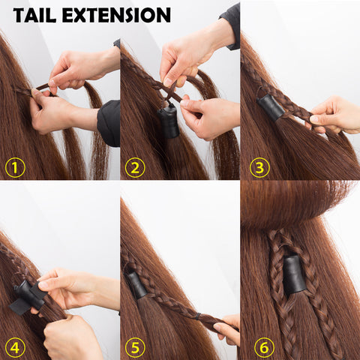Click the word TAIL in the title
tap(34, 15)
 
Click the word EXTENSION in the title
tap(116, 15)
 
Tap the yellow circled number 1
tap(15, 167)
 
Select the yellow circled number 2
tap(135, 167)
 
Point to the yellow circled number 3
tap(259, 167)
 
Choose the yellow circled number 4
tap(15, 347)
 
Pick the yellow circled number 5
tap(135, 347)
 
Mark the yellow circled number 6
tap(264, 347)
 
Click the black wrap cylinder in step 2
tap(169, 121)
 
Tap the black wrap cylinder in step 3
tap(271, 108)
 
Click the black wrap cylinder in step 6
tap(295, 275)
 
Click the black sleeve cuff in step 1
tap(109, 123)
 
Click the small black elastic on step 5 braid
tap(198, 316)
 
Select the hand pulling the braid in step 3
tap(334, 115)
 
